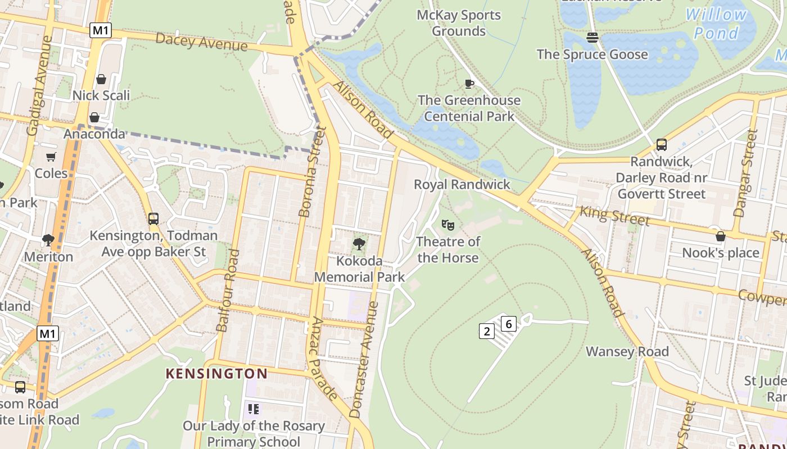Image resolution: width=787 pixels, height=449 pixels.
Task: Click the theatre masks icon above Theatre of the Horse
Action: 447,224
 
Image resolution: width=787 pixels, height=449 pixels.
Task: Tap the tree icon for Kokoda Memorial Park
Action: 359,244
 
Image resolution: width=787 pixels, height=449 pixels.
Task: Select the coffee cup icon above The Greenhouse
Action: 469,84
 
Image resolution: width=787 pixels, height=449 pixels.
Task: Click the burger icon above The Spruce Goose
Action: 592,38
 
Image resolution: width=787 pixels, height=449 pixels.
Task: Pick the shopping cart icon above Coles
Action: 51,157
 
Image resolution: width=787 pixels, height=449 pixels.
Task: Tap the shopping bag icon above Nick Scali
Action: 101,79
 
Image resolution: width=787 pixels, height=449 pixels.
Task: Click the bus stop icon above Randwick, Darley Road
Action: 661,145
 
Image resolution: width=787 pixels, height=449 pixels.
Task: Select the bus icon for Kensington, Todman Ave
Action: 153,218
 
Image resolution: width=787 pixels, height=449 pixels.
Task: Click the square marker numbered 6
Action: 508,324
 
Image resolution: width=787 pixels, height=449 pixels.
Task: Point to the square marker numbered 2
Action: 486,331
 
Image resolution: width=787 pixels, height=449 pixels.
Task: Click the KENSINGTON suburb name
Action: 216,373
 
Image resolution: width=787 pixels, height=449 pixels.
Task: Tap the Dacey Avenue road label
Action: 201,42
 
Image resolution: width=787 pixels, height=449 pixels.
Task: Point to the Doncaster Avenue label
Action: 364,359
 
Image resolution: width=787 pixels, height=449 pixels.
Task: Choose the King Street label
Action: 614,216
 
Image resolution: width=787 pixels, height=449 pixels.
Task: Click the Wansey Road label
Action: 627,352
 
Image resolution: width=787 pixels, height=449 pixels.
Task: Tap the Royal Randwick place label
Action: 462,185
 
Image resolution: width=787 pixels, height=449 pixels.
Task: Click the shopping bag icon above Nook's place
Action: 720,236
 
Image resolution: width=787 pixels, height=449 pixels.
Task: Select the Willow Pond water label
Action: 716,24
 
